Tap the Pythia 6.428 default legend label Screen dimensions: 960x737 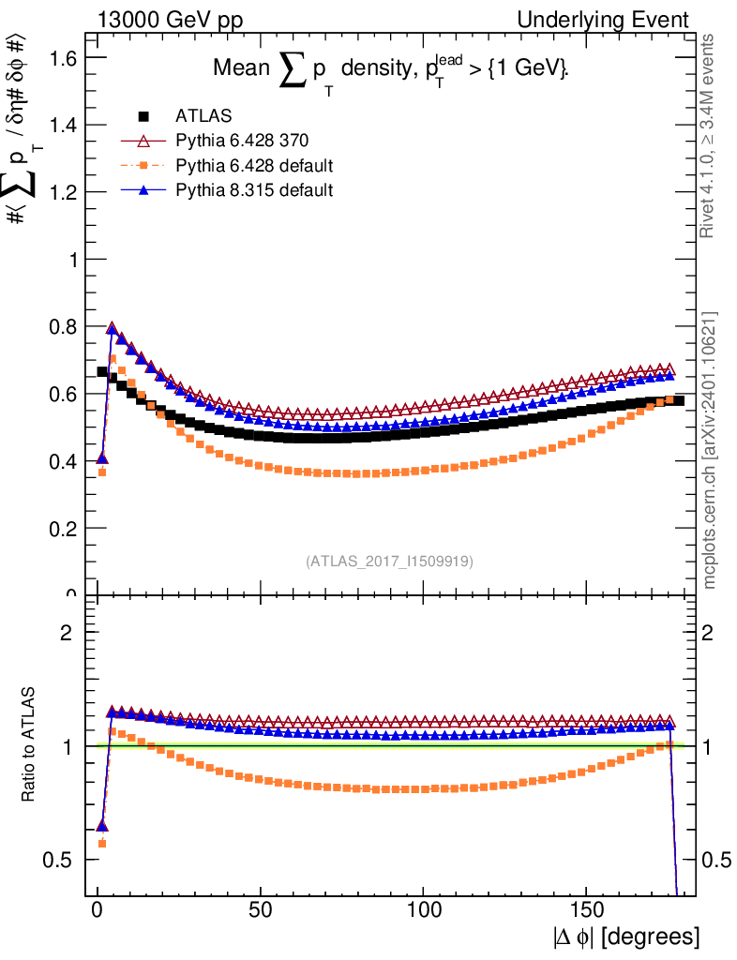pos(254,166)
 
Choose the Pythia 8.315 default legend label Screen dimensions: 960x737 pos(254,190)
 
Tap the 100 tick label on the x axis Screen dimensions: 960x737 pos(424,909)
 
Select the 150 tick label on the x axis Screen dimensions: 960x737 pos(587,909)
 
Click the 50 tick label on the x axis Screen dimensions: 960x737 pos(261,909)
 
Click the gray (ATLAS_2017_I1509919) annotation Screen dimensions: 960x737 pos(389,562)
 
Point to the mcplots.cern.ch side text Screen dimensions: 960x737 pos(710,450)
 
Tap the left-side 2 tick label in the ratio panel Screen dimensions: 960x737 pos(67,633)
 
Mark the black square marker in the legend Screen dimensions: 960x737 pos(143,116)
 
